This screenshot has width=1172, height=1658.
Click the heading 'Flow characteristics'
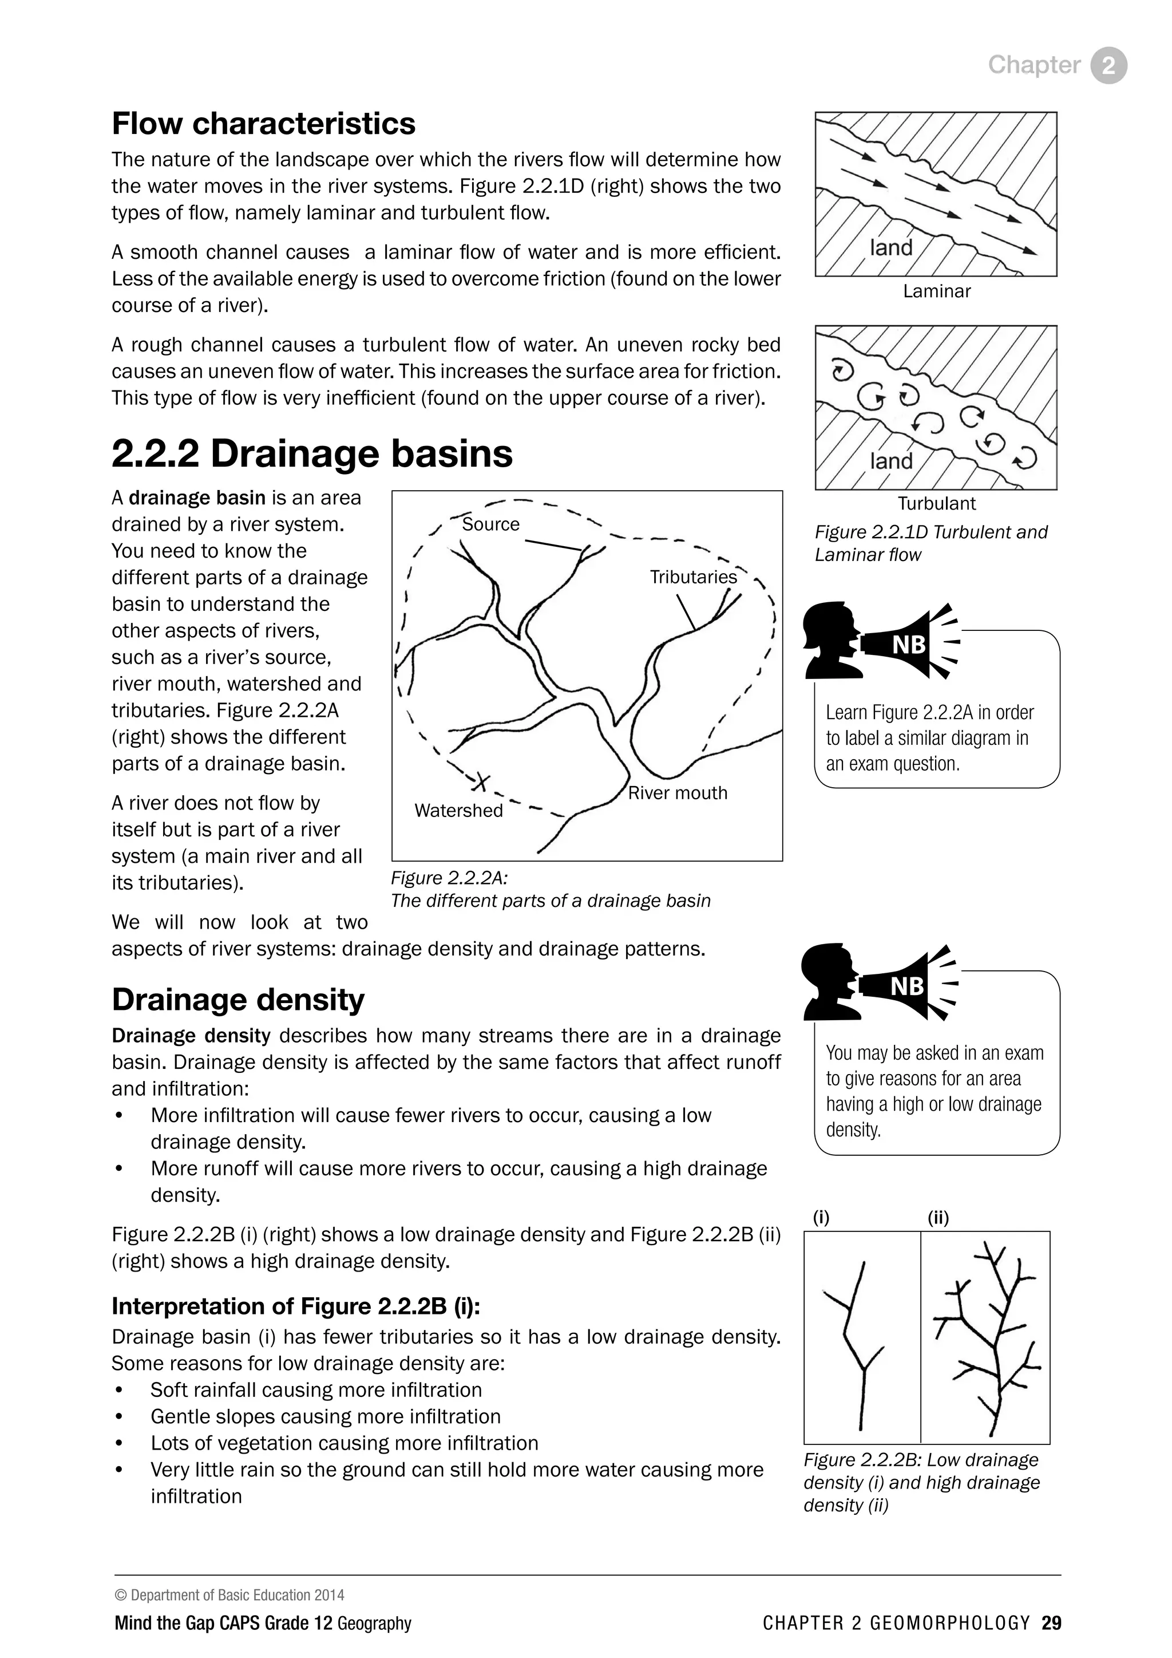pos(263,124)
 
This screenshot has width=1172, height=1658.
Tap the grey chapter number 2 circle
pos(1108,66)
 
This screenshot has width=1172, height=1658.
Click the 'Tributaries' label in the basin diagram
pos(693,577)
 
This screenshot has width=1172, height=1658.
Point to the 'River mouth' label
pos(677,793)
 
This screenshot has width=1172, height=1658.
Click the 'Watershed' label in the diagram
pos(458,810)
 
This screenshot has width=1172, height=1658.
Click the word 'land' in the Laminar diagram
pos(891,248)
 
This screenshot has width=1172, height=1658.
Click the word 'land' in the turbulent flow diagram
pos(891,461)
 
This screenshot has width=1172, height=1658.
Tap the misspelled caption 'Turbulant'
pos(936,503)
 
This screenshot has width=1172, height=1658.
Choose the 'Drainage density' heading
pos(238,1000)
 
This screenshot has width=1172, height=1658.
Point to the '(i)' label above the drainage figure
pos(821,1218)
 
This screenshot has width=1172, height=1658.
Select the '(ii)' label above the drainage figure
pos(937,1218)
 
